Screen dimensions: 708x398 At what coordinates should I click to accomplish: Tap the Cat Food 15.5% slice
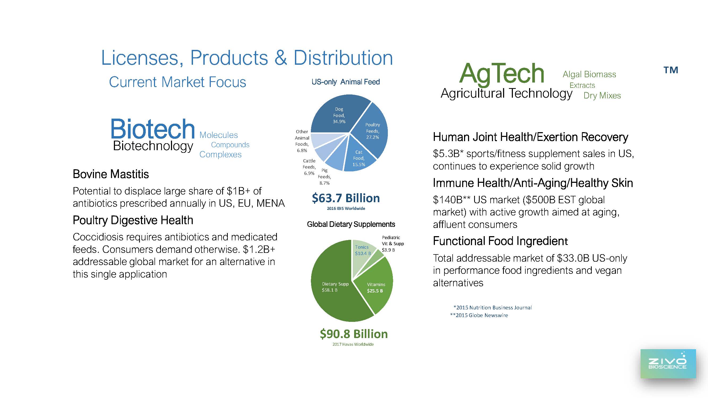(358, 157)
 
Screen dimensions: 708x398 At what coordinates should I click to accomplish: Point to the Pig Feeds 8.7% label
(324, 177)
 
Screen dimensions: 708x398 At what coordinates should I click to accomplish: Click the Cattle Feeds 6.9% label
(309, 167)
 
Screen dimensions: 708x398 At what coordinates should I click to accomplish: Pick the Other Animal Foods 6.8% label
(302, 141)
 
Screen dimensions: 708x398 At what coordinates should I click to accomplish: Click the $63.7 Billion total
(346, 198)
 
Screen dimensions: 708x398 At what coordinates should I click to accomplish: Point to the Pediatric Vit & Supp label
(393, 244)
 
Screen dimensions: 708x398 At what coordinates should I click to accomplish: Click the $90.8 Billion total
(354, 334)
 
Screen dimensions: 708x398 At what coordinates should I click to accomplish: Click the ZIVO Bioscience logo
(668, 364)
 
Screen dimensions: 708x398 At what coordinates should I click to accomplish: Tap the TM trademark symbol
(671, 70)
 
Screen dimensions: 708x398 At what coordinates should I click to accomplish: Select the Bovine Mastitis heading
(111, 174)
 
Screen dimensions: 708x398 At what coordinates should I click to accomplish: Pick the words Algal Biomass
(589, 75)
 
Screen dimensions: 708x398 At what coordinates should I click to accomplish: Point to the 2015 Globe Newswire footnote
(479, 315)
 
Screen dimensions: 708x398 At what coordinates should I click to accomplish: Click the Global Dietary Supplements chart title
(351, 224)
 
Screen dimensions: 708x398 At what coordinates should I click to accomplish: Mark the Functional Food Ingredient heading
(500, 241)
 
